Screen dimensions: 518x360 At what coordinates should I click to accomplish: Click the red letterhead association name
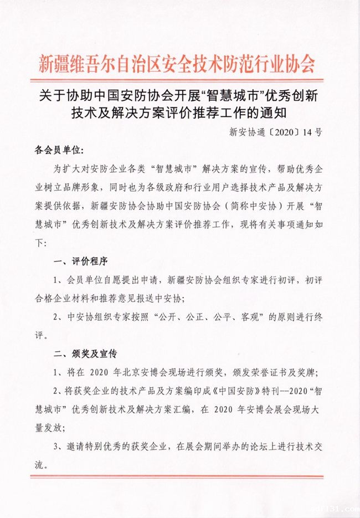[177, 64]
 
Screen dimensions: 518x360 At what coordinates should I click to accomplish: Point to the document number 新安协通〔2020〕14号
[279, 133]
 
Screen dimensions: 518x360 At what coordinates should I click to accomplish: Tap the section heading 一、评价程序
[80, 260]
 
